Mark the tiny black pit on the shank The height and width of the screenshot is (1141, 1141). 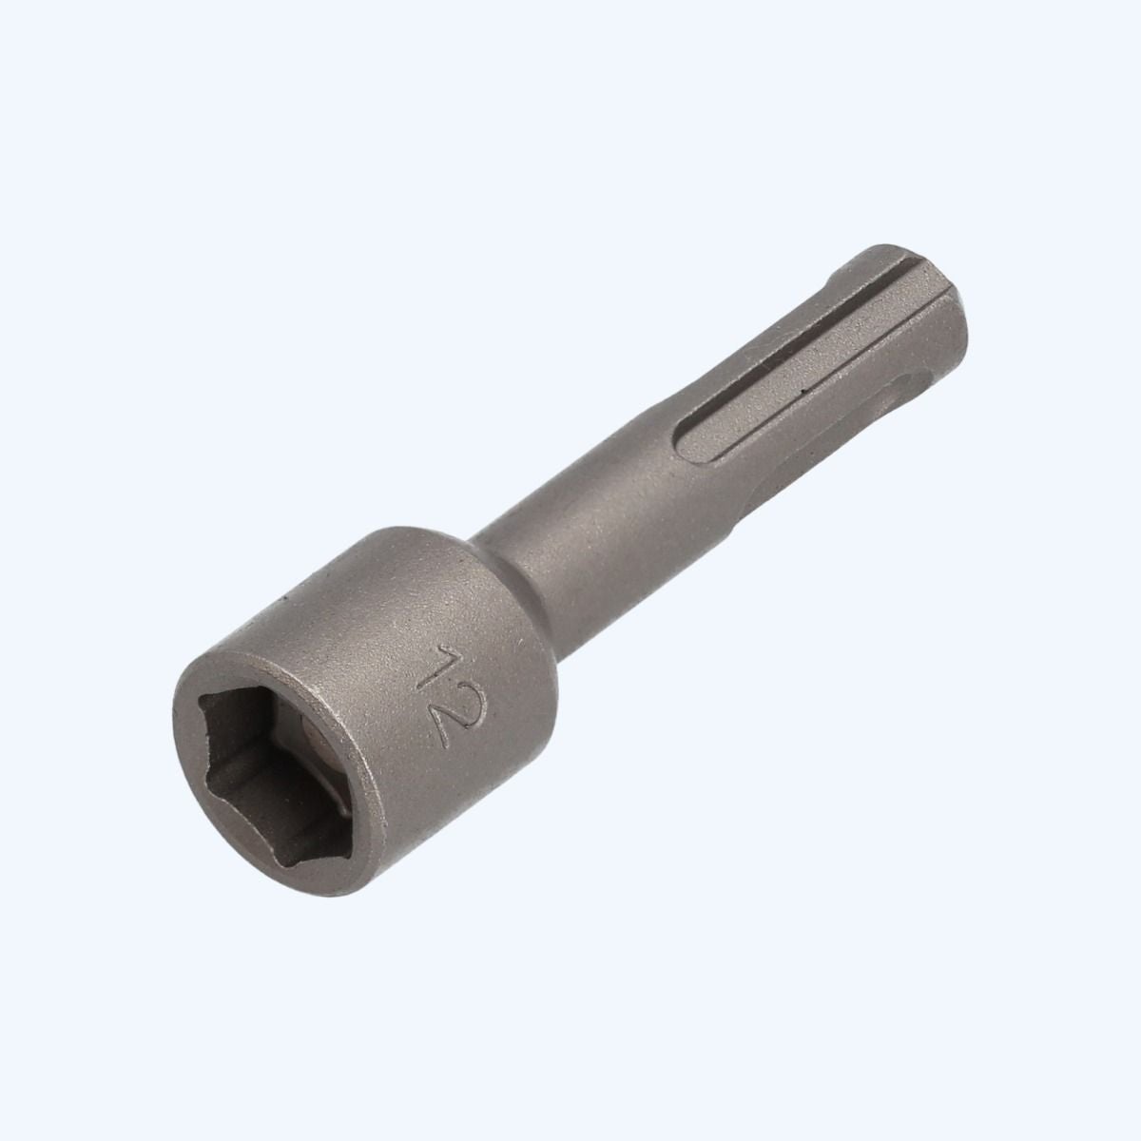(802, 391)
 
